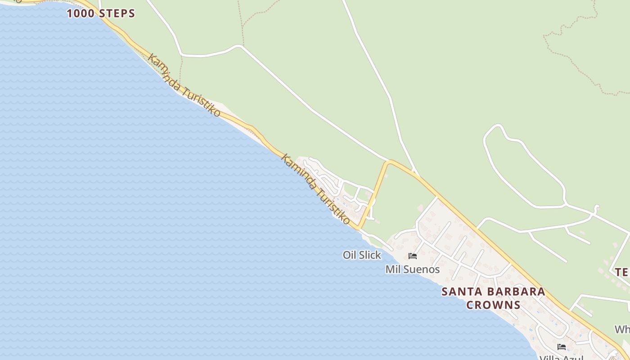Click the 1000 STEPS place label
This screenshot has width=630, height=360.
pos(101,13)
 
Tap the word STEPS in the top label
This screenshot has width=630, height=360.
pos(117,13)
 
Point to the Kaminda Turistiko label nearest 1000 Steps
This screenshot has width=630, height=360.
pos(184,85)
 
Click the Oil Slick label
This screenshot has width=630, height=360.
pos(362,255)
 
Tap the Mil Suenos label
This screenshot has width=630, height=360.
pos(412,270)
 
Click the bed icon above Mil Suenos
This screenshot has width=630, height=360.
pos(413,256)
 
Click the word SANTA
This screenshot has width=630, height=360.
pos(459,292)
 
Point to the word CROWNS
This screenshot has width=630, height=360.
pos(493,305)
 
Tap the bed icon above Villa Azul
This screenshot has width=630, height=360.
pos(562,347)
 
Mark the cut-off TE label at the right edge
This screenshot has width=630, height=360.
pos(622,272)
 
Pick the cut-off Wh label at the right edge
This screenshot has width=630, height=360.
pos(623,329)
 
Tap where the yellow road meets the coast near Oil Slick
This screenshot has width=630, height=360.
pos(358,228)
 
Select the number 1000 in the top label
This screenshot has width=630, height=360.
pos(81,13)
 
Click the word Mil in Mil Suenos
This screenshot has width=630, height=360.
pos(392,270)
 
